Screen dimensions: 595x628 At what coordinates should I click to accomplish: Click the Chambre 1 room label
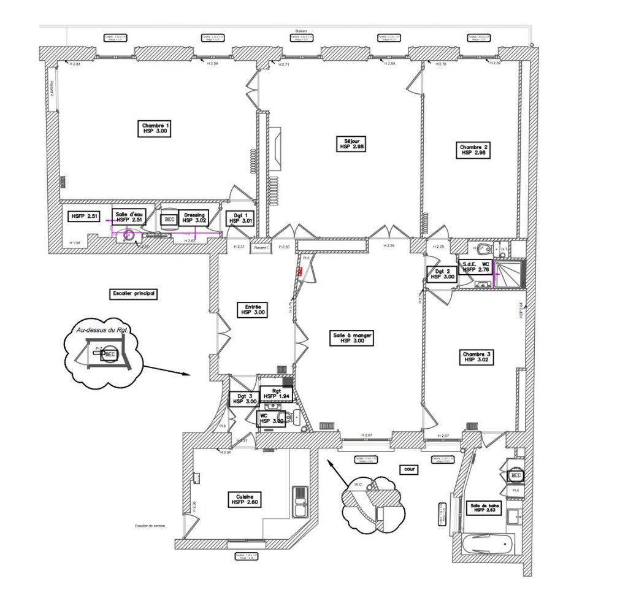pyautogui.click(x=155, y=128)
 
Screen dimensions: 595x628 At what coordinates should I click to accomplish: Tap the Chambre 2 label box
pyautogui.click(x=473, y=150)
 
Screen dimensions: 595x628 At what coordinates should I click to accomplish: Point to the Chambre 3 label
pyautogui.click(x=477, y=357)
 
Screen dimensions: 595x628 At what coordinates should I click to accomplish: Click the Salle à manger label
pyautogui.click(x=353, y=338)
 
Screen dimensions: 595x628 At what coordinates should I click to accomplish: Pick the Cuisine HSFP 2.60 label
pyautogui.click(x=245, y=499)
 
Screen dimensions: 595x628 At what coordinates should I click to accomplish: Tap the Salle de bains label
pyautogui.click(x=485, y=508)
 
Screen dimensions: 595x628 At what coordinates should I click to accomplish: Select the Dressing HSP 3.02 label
pyautogui.click(x=193, y=218)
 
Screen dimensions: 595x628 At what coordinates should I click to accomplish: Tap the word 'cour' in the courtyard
pyautogui.click(x=409, y=469)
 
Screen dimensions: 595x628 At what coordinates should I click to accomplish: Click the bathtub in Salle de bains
pyautogui.click(x=488, y=543)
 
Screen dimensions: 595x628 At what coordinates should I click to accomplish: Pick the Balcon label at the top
pyautogui.click(x=301, y=31)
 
